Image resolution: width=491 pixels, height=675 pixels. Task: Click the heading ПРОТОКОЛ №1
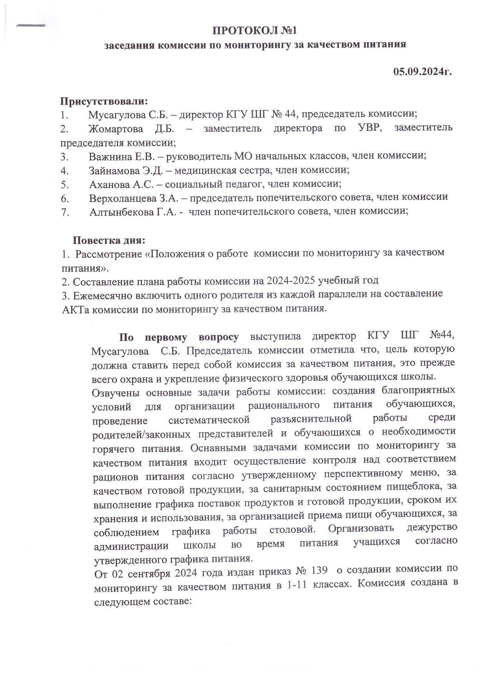click(x=256, y=30)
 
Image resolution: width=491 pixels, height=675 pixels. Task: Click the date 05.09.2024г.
click(x=422, y=72)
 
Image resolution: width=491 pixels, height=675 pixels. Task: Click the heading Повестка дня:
click(x=109, y=241)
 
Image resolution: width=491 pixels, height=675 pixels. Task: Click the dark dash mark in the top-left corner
click(x=31, y=26)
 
